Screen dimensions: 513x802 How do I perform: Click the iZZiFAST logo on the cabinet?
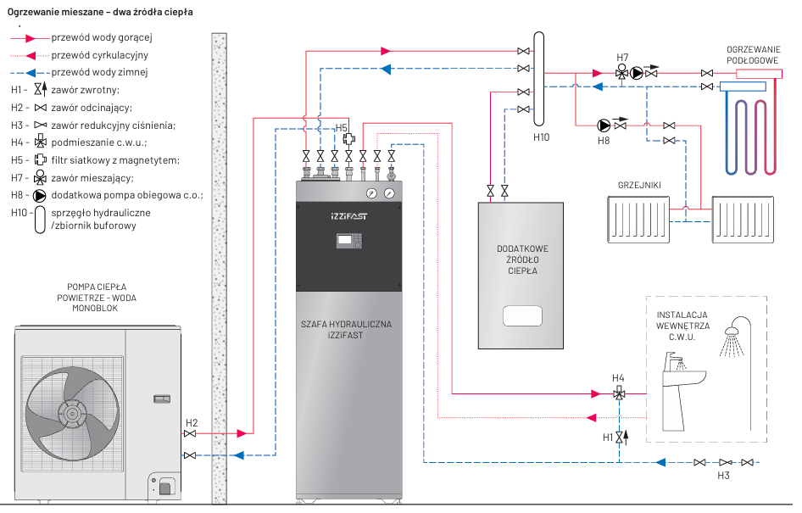click(348, 216)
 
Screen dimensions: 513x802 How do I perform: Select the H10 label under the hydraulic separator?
click(542, 137)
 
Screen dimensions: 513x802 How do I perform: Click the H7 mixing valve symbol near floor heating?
click(622, 73)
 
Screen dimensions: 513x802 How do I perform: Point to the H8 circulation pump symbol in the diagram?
click(604, 124)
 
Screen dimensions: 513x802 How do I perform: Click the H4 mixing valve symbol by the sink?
click(620, 393)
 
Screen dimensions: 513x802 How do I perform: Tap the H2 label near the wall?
click(192, 422)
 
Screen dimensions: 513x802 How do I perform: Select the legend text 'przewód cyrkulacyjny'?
click(99, 55)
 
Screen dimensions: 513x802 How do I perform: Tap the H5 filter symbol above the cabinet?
click(348, 139)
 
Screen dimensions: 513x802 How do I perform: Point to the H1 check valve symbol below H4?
click(620, 437)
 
